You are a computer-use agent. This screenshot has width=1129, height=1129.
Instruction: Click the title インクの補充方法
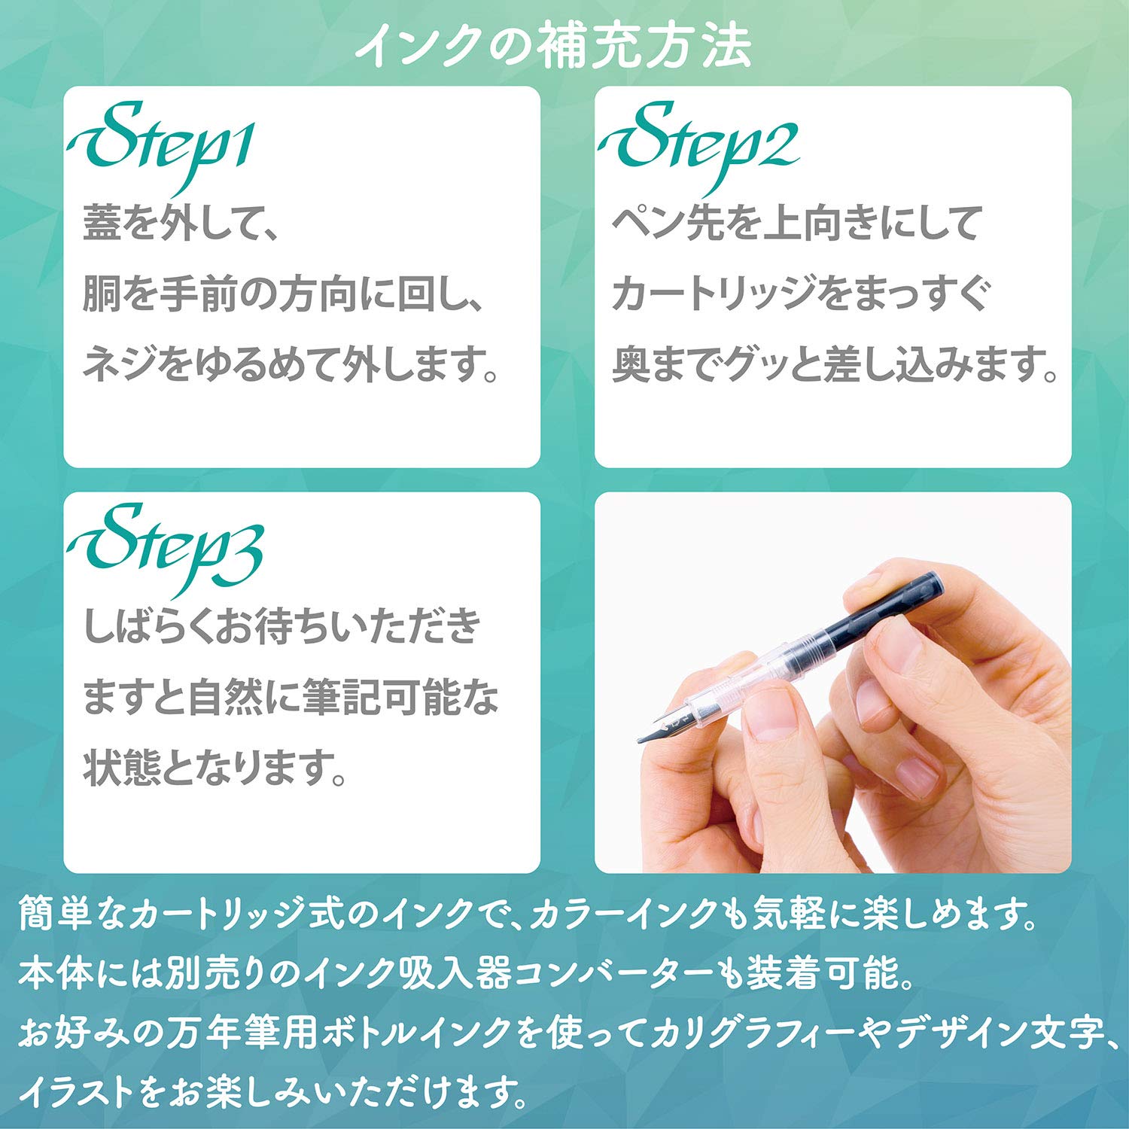pos(553,47)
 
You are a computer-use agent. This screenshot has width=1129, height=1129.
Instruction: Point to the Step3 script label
pos(166,546)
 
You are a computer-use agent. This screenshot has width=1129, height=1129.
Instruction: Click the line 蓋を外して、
pos(181,224)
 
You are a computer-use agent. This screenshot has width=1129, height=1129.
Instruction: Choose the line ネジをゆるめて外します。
pos(290,364)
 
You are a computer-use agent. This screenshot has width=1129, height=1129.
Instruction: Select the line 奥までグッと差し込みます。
pos(835,364)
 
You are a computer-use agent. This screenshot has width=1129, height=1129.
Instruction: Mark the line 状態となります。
pos(215,768)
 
